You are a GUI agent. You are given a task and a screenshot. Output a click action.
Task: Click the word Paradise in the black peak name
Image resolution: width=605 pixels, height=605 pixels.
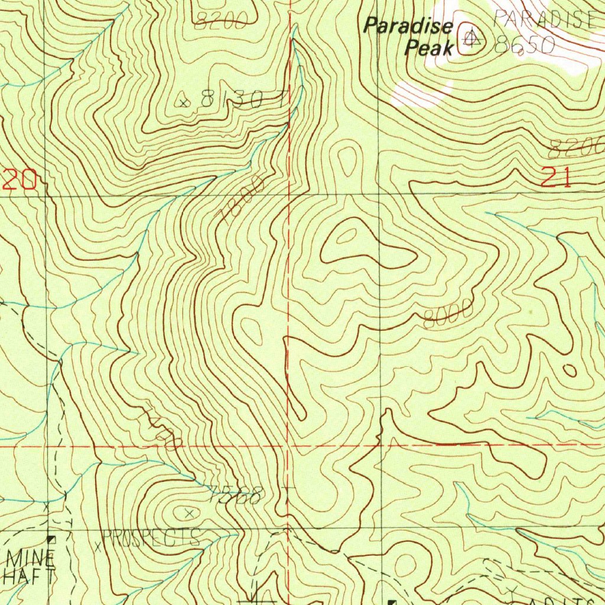click(408, 27)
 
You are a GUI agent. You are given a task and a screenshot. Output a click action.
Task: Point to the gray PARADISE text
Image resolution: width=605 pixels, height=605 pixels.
click(544, 19)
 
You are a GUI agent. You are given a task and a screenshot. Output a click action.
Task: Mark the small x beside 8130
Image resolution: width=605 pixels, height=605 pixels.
click(185, 103)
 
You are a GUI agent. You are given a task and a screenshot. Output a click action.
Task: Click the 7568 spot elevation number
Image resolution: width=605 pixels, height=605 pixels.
click(235, 495)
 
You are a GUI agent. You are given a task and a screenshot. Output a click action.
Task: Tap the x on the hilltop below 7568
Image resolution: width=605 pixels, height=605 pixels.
click(189, 513)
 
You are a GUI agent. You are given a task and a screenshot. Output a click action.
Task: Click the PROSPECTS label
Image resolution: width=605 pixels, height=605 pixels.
click(152, 538)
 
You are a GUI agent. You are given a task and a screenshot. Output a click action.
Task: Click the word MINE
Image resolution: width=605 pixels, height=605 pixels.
click(31, 557)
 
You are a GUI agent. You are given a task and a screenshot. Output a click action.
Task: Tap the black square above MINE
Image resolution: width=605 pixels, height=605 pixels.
click(51, 539)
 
